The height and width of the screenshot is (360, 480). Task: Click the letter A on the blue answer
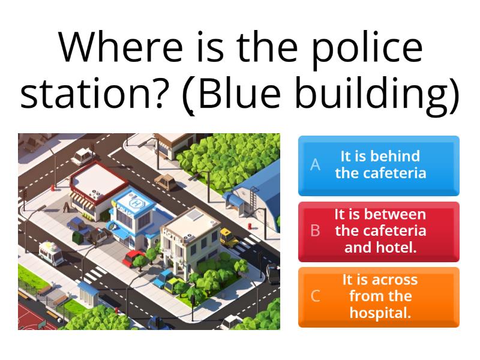pos(315,165)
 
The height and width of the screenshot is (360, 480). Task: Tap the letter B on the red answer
pos(315,230)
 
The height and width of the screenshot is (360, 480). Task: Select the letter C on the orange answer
pos(315,296)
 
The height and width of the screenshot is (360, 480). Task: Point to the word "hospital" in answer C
pos(380,313)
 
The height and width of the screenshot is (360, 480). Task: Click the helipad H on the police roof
pos(137,203)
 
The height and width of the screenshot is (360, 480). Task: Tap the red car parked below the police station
pos(134,257)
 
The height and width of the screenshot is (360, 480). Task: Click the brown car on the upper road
pos(163,182)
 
